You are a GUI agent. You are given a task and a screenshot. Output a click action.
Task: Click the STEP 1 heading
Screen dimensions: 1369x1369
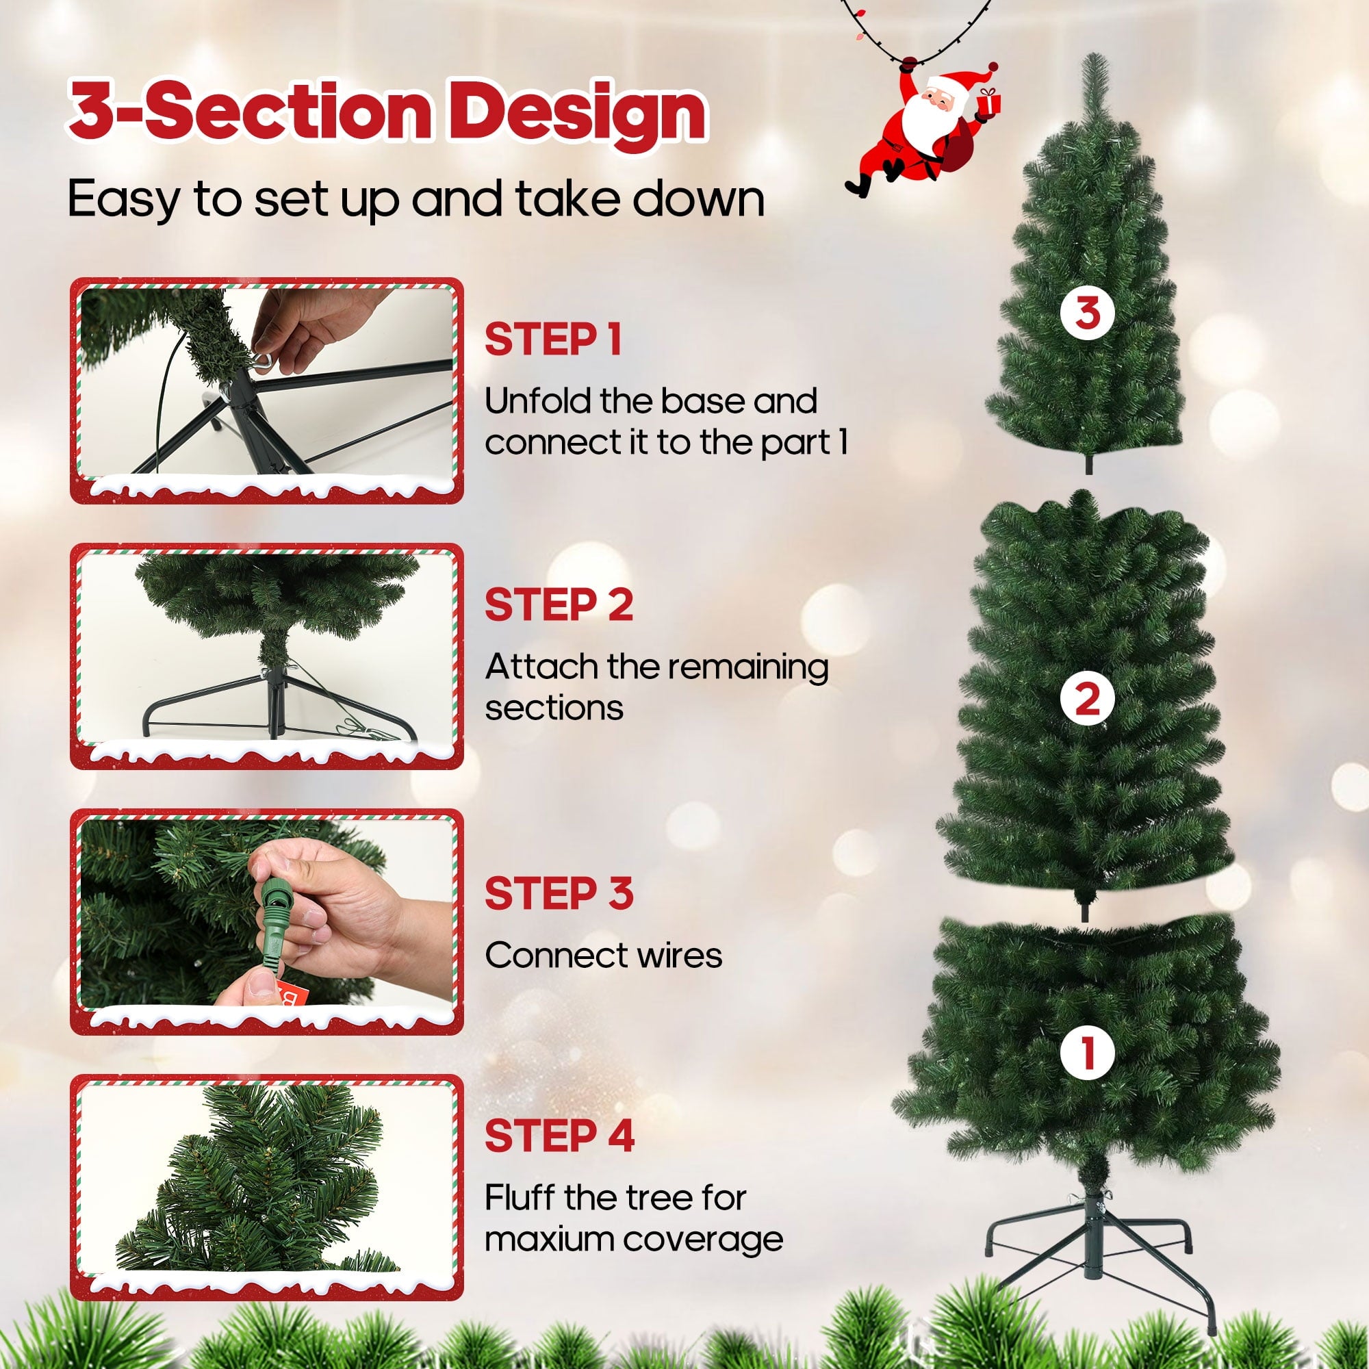click(552, 340)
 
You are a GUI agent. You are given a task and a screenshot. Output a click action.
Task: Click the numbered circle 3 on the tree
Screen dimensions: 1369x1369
click(1088, 313)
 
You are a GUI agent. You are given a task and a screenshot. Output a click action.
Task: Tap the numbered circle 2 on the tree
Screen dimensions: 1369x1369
click(1088, 700)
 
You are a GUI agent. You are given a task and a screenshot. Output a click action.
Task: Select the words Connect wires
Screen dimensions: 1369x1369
click(604, 955)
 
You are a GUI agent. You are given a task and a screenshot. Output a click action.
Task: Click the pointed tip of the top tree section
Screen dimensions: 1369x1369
click(1084, 55)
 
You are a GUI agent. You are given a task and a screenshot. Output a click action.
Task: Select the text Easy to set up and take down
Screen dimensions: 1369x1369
click(417, 199)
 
